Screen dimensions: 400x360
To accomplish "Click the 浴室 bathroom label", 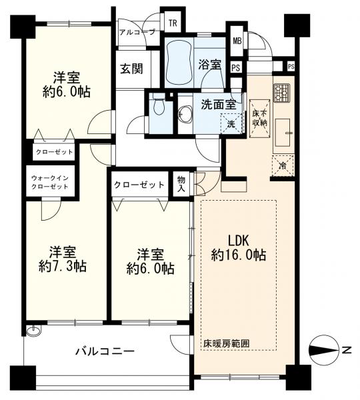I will (209, 65).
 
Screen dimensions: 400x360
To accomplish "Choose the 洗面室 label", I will (218, 104).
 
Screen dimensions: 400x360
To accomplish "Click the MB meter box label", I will (237, 40).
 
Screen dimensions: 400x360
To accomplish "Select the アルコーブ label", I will (136, 32).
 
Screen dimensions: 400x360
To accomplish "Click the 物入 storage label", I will (181, 183).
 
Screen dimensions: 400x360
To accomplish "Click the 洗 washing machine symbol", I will (231, 124).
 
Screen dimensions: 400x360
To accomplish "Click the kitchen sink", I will (283, 132).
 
